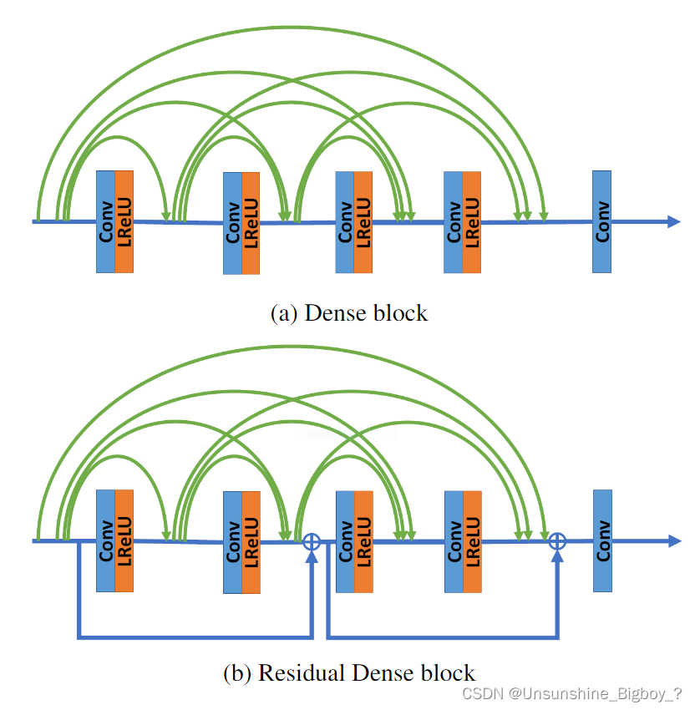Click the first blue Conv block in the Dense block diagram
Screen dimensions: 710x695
105,221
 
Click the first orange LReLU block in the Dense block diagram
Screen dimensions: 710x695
124,221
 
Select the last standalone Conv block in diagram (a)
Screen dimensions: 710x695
601,221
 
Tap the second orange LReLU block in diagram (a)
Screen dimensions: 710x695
251,223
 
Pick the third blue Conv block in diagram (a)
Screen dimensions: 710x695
344,221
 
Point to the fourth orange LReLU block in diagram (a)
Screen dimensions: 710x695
472,221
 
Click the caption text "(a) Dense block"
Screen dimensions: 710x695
349,313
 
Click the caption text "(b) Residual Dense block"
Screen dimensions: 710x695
349,672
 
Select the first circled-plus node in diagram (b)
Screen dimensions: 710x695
312,541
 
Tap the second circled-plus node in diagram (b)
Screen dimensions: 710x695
557,541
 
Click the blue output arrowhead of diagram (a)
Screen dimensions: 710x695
674,221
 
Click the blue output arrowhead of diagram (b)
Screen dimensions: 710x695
674,541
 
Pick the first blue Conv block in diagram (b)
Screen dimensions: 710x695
105,541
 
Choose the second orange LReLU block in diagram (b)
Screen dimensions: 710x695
251,543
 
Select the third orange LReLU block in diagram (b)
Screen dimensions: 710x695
363,541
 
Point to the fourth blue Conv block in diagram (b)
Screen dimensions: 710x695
454,541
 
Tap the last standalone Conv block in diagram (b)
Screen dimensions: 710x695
601,541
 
